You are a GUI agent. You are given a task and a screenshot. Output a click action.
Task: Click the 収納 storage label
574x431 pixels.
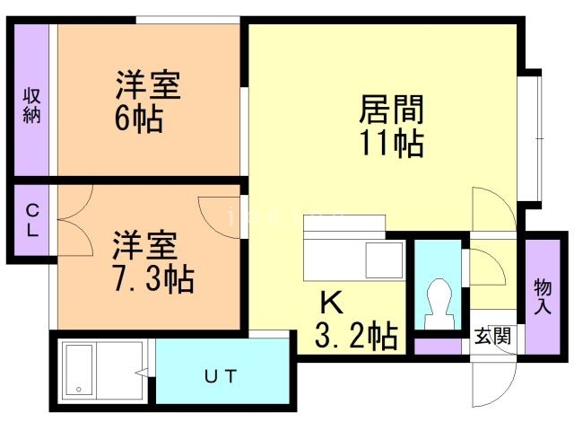(x=32, y=106)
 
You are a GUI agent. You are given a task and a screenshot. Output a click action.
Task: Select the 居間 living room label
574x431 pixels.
(x=391, y=110)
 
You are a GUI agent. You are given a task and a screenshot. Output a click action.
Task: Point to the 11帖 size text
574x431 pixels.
(x=392, y=143)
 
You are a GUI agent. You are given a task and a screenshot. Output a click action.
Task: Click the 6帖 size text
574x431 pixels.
(x=139, y=119)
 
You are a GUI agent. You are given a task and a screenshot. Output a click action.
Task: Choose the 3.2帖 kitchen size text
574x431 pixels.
(x=356, y=336)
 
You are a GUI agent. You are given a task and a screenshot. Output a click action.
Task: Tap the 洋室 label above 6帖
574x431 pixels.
(x=148, y=87)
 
